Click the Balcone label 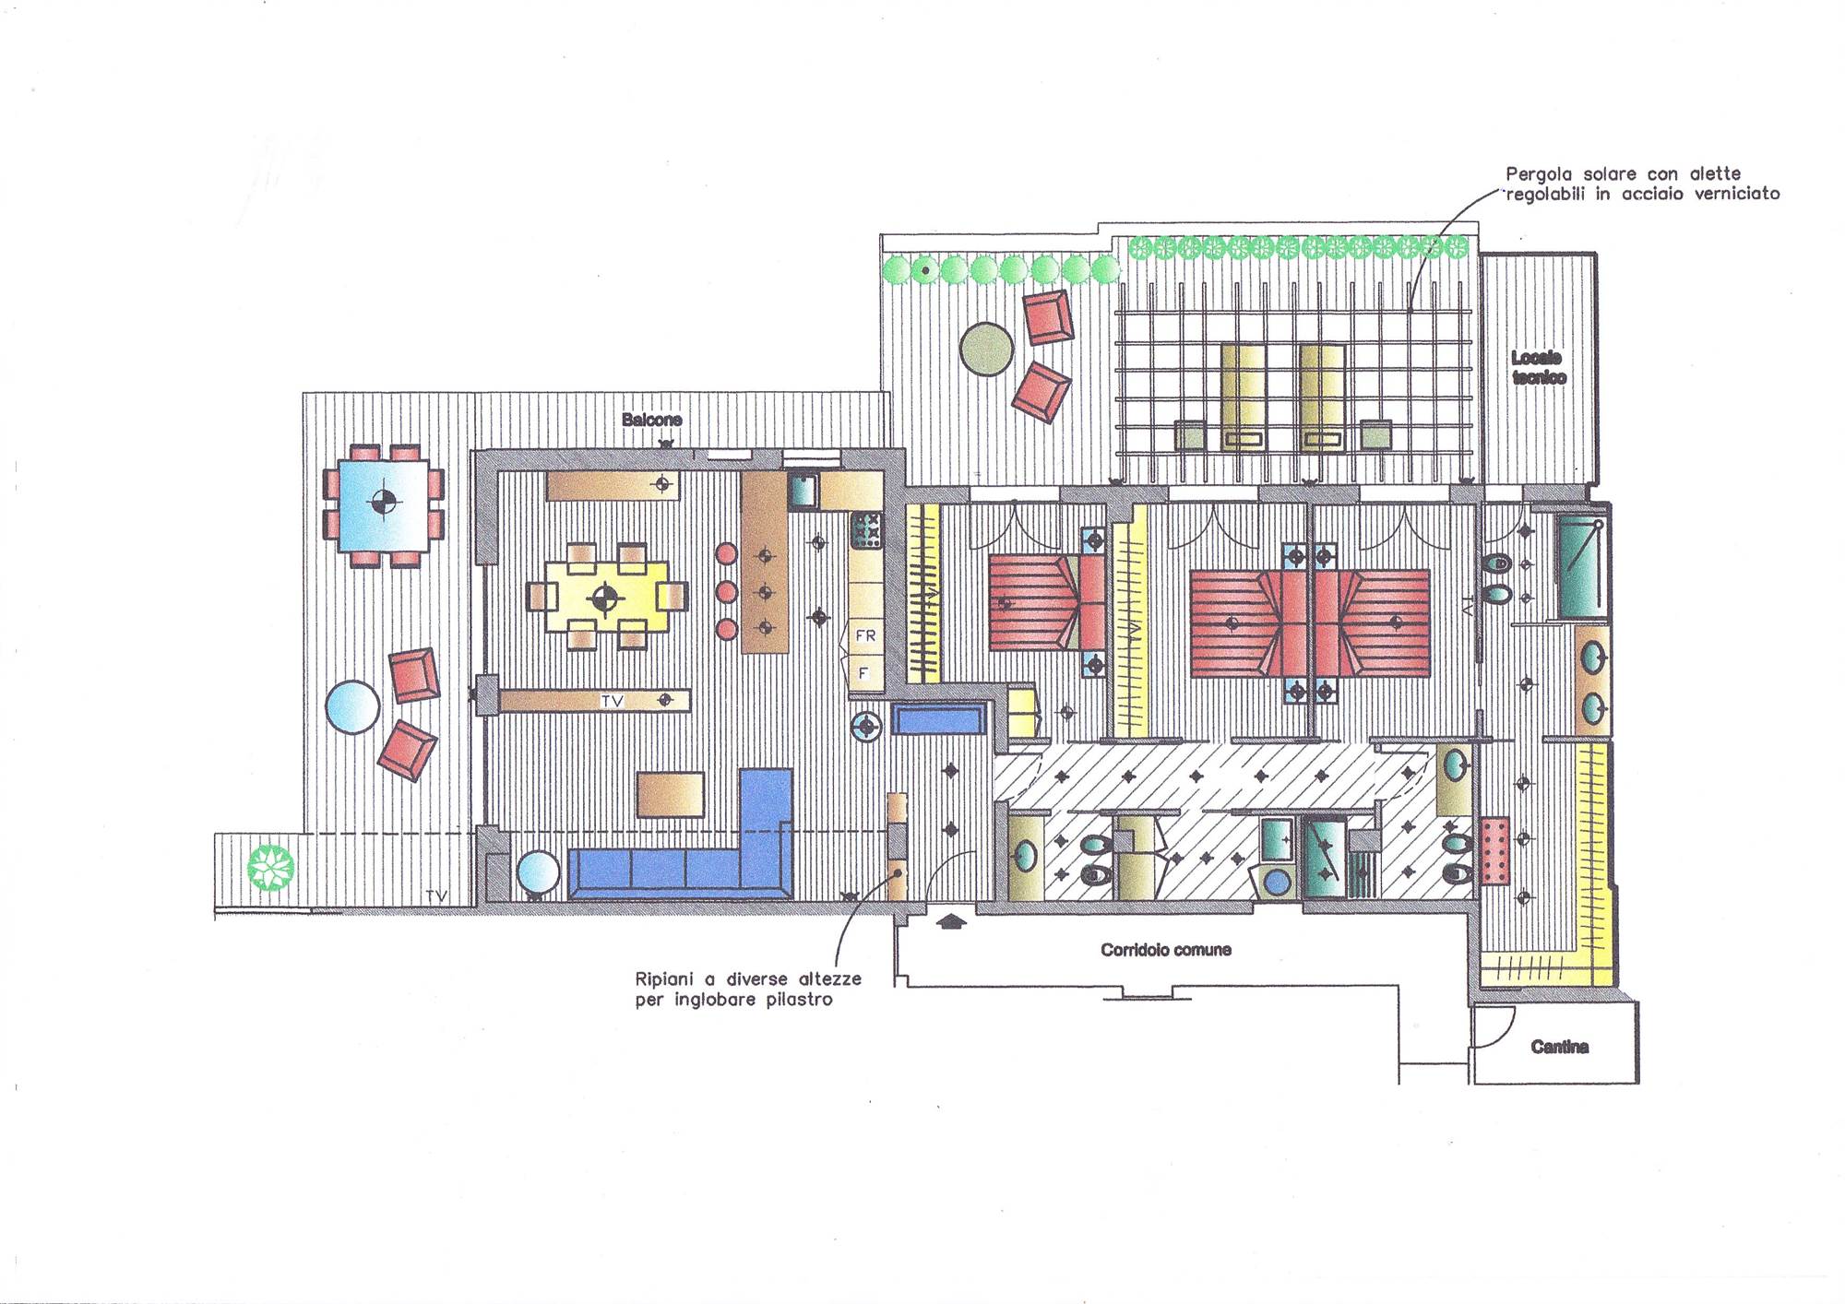pos(651,420)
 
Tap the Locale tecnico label pos(1538,367)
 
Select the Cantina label pos(1560,1047)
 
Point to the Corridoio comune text pos(1166,949)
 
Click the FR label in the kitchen pos(865,635)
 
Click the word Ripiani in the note pos(664,978)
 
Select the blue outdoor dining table pos(383,505)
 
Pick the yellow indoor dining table pos(605,598)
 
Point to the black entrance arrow pos(951,920)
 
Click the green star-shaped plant pos(272,868)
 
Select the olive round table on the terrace pos(987,349)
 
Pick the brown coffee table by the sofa pos(671,795)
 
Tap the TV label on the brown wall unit pos(613,702)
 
